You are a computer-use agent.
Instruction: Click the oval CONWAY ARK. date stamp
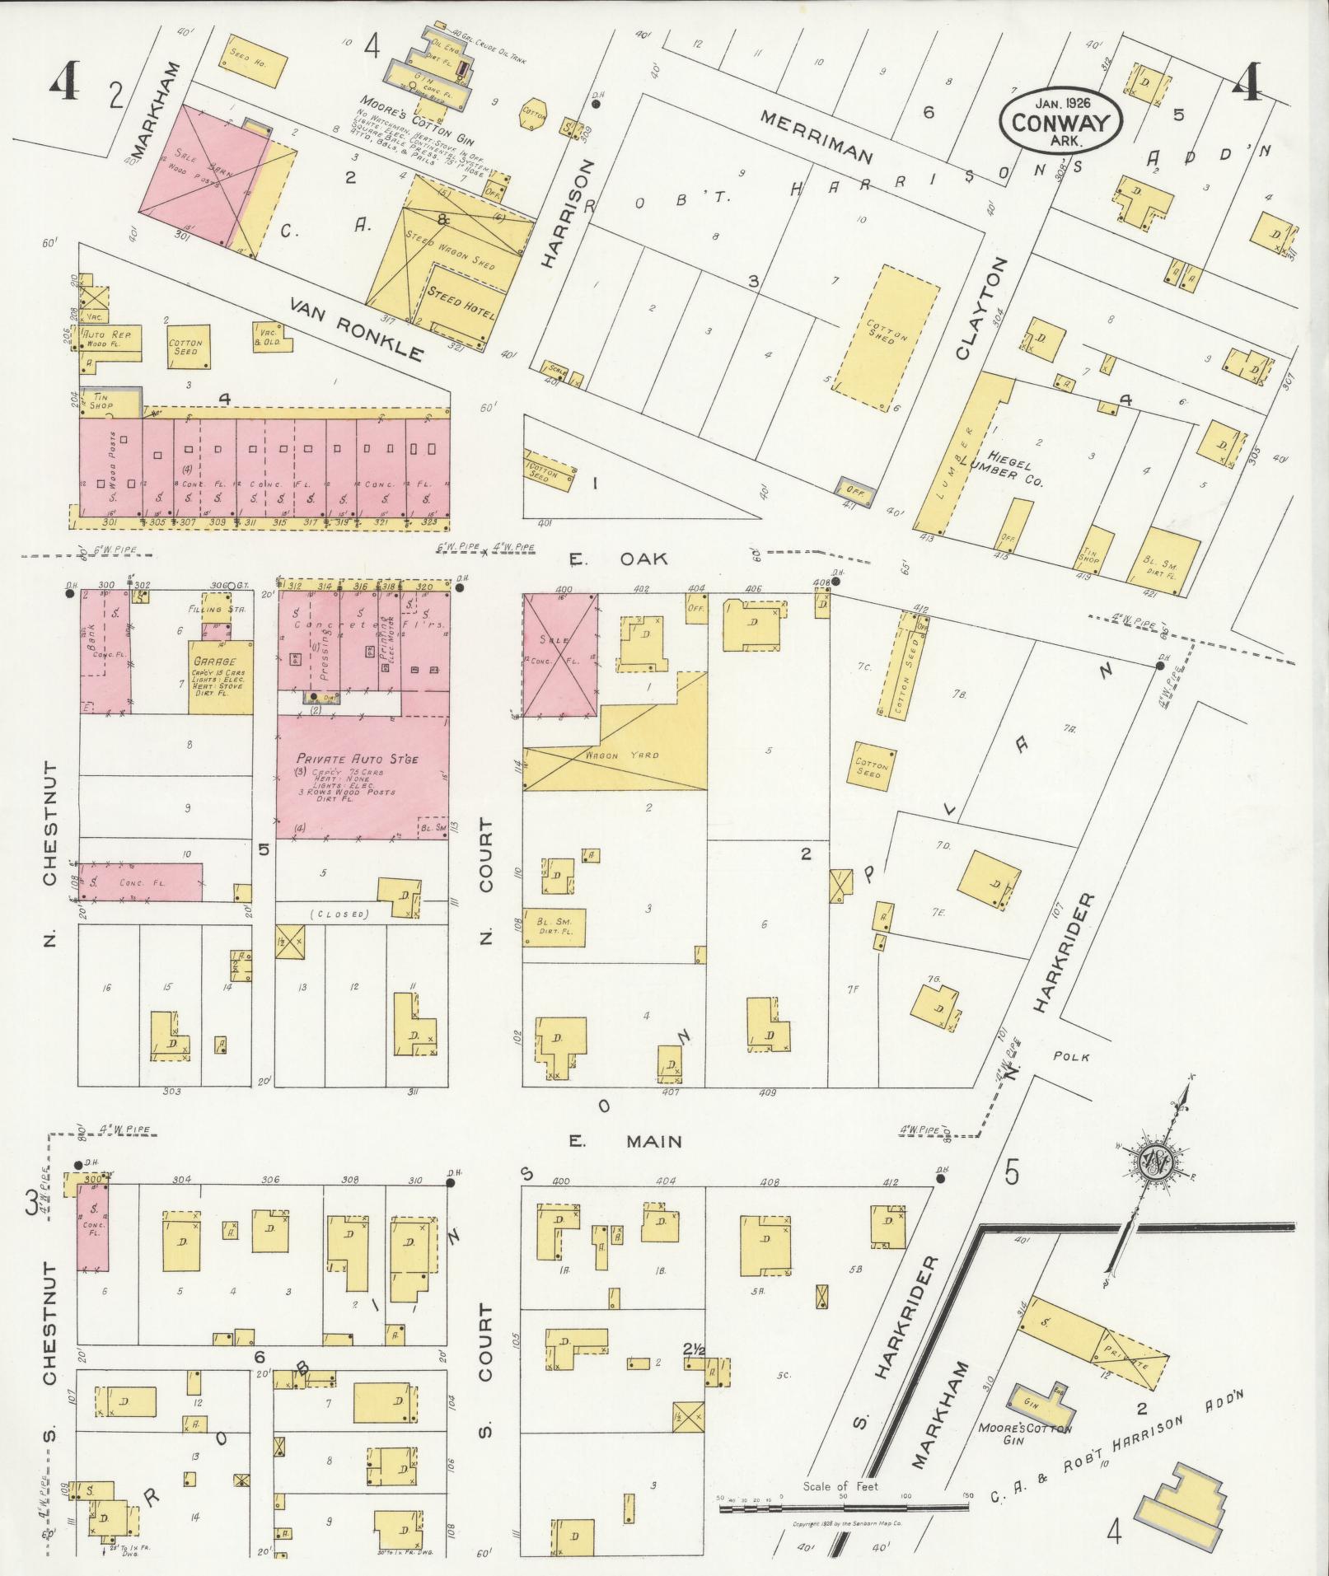point(1060,121)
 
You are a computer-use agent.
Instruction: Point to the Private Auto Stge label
point(346,758)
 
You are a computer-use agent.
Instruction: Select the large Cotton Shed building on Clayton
point(887,337)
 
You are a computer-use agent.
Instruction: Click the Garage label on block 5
point(214,662)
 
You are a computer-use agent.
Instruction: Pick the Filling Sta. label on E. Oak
point(208,610)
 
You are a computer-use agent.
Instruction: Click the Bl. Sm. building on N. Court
point(555,927)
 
